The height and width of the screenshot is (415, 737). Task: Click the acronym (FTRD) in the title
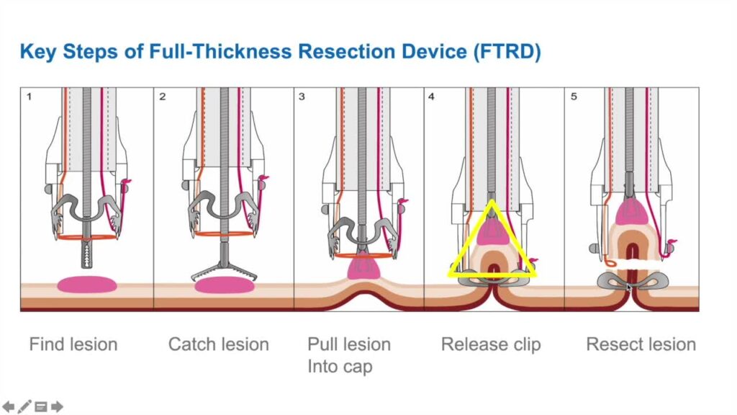[x=507, y=52]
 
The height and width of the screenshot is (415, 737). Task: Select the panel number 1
[x=29, y=97]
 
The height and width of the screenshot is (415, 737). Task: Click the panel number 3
[x=302, y=97]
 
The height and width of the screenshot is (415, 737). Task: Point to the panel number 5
[x=574, y=97]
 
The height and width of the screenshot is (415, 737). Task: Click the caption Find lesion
[x=73, y=344]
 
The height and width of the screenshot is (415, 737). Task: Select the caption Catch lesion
[x=219, y=344]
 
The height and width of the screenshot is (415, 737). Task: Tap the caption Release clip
[x=491, y=345]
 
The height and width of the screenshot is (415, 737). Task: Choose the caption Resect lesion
[x=641, y=344]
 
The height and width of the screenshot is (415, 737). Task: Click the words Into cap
[x=340, y=367]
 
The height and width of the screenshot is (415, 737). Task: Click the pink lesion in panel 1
[x=87, y=284]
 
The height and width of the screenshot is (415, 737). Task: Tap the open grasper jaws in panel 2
[x=224, y=271]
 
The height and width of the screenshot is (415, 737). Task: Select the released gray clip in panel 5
[x=633, y=282]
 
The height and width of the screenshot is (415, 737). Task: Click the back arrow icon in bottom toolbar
[x=9, y=406]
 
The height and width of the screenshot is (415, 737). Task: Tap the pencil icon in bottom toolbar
[x=24, y=406]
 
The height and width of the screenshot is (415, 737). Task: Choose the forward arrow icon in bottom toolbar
[x=57, y=406]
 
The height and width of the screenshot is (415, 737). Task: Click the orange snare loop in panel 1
[x=87, y=236]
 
